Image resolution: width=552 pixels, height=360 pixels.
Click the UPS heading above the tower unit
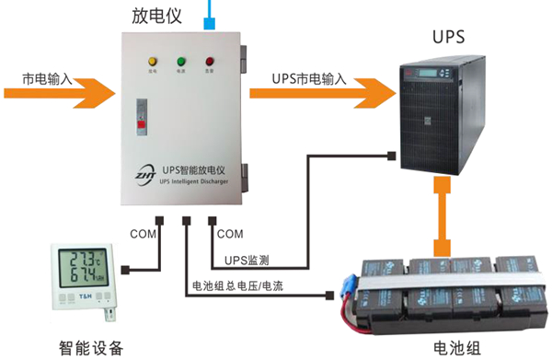[449, 38]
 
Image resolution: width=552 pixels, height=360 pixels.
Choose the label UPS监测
[247, 261]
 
